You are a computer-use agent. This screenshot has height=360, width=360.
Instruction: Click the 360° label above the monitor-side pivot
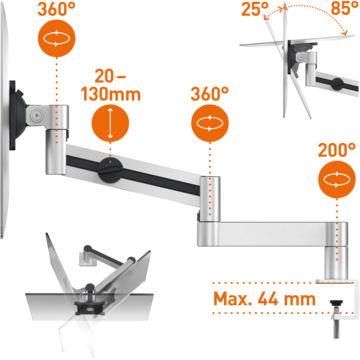[x=56, y=9]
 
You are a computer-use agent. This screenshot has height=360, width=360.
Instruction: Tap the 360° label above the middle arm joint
[x=210, y=94]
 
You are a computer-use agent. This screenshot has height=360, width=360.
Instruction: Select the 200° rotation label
[x=337, y=151]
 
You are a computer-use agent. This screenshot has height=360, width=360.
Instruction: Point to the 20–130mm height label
[x=111, y=86]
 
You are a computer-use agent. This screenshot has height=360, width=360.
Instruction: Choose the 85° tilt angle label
[x=345, y=9]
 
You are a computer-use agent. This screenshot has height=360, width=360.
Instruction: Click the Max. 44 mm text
[x=264, y=299]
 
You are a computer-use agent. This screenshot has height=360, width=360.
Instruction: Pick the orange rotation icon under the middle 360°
[x=210, y=124]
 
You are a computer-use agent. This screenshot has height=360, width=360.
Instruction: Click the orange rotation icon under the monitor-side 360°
[x=56, y=39]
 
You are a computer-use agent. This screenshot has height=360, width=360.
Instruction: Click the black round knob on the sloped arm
[x=111, y=170]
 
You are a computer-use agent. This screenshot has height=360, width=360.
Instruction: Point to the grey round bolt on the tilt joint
[x=36, y=115]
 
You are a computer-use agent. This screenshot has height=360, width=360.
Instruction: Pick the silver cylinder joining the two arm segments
[x=210, y=199]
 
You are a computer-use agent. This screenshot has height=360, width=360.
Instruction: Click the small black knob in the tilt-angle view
[x=337, y=84]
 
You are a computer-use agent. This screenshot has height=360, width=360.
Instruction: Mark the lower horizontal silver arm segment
[x=262, y=234]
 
